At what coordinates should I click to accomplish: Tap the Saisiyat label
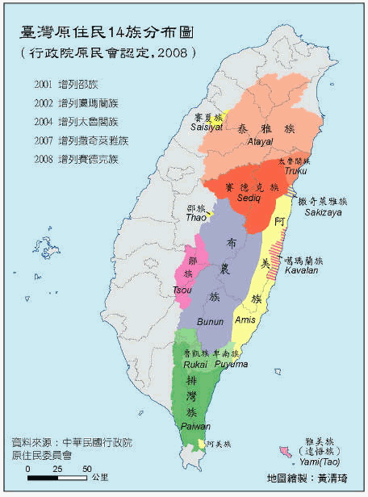(207, 127)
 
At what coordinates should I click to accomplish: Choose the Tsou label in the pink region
(182, 290)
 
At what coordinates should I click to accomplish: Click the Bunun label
(211, 321)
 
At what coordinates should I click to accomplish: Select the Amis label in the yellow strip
(245, 320)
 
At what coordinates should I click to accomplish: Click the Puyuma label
(230, 364)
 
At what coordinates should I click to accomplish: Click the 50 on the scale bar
(86, 468)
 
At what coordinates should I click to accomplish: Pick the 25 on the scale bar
(56, 468)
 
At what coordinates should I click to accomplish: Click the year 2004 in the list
(45, 122)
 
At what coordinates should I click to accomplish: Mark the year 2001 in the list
(45, 84)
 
